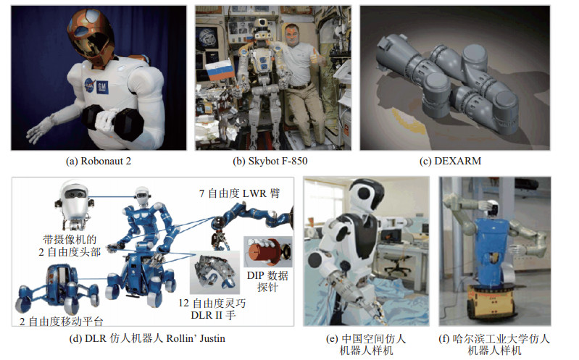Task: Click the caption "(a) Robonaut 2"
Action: click(99, 161)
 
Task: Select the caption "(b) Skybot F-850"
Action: click(270, 161)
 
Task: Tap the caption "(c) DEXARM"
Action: click(450, 161)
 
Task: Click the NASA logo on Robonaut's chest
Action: click(89, 85)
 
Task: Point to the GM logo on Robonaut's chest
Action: click(102, 87)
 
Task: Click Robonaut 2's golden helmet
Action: click(90, 34)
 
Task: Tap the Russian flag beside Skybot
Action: click(219, 71)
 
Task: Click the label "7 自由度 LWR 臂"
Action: click(239, 193)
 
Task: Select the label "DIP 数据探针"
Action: click(267, 281)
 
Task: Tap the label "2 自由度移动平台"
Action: click(61, 321)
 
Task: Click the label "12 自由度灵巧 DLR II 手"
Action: click(212, 309)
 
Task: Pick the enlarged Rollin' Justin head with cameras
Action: click(74, 205)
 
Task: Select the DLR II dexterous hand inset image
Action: click(214, 272)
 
